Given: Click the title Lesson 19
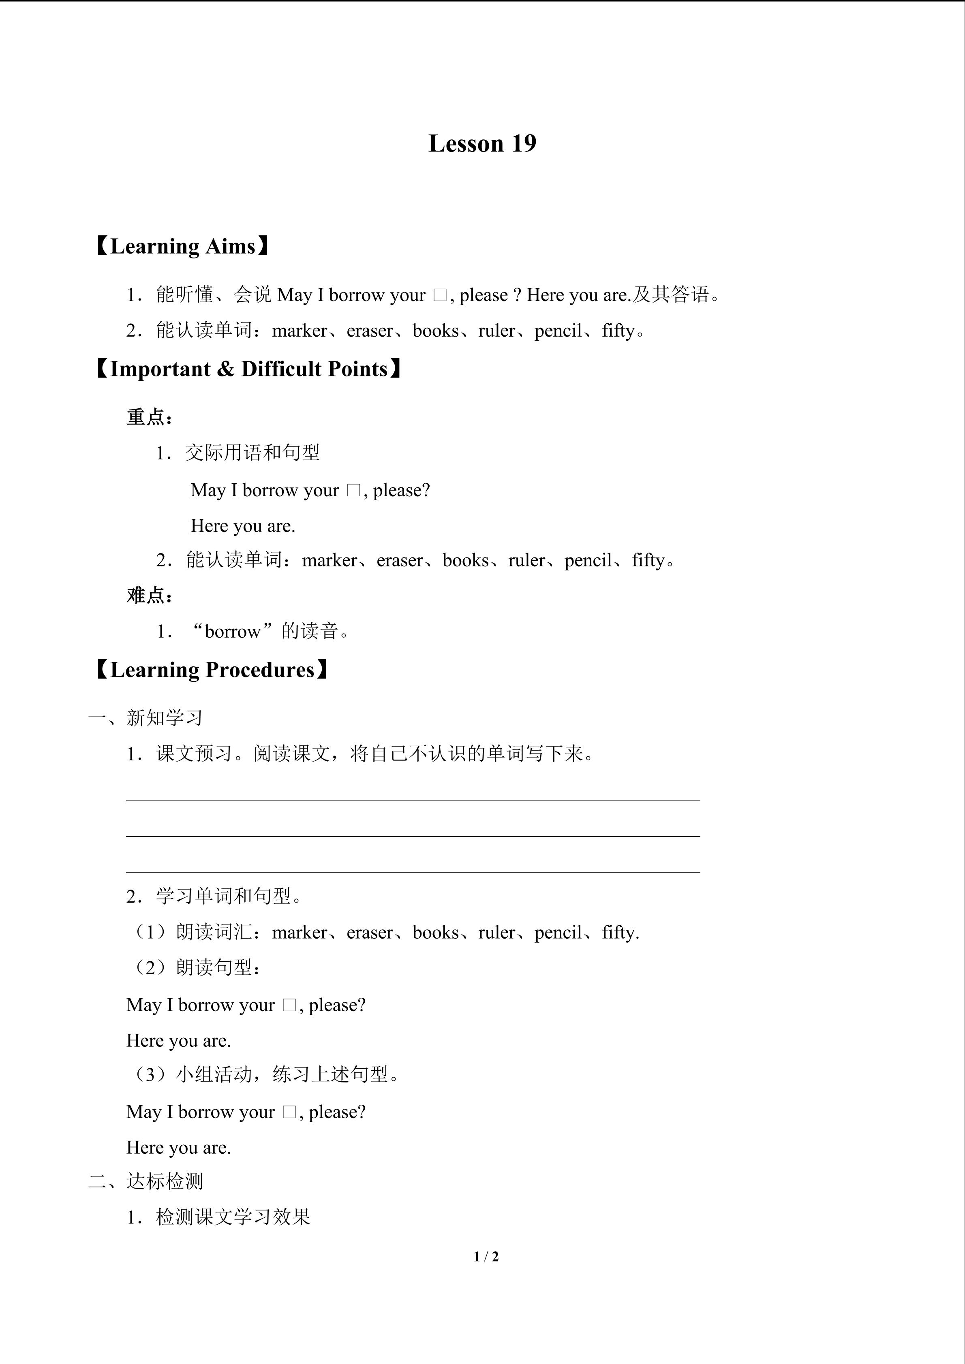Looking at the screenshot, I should tap(482, 144).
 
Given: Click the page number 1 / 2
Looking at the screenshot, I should tap(486, 1257).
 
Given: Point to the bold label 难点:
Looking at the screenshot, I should tap(149, 595).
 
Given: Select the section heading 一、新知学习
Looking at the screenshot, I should tap(145, 717).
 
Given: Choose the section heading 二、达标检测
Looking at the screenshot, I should tap(145, 1181).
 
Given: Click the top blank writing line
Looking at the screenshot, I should tap(413, 800).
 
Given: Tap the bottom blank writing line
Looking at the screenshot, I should tap(413, 871).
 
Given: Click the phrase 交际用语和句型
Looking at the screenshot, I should tap(252, 453).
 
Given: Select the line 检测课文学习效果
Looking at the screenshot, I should tap(233, 1217).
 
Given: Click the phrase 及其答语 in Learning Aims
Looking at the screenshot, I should tap(670, 294).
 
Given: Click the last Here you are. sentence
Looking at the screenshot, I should tap(178, 1147).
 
